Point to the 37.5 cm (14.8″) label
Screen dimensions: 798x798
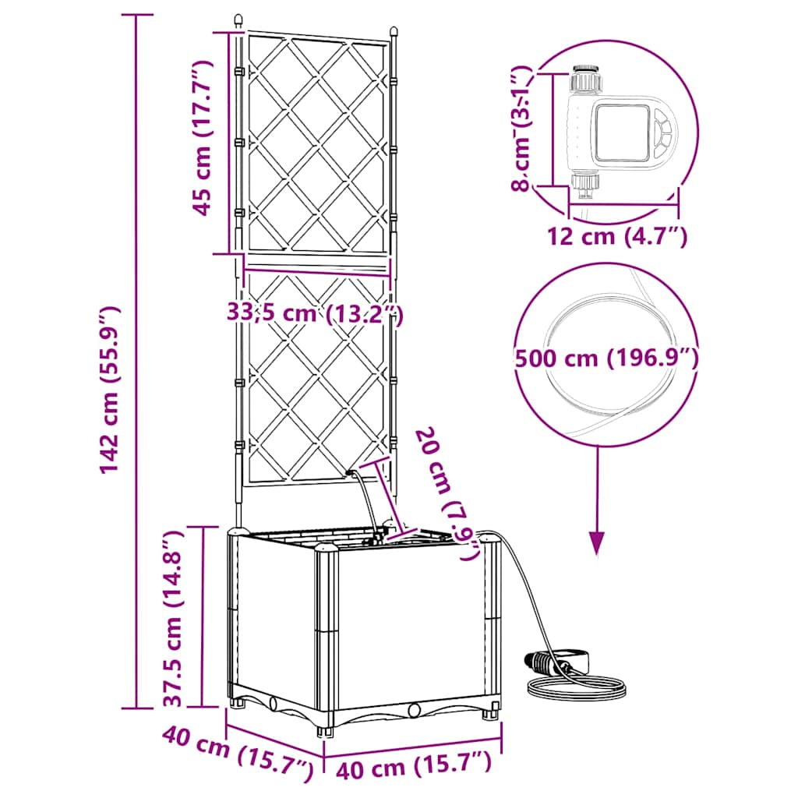tap(173, 618)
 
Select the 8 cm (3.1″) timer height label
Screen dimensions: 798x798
tap(521, 128)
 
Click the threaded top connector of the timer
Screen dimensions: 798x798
tap(585, 79)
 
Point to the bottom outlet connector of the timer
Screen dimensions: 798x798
tap(585, 181)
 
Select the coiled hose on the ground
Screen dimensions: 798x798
tap(577, 686)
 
